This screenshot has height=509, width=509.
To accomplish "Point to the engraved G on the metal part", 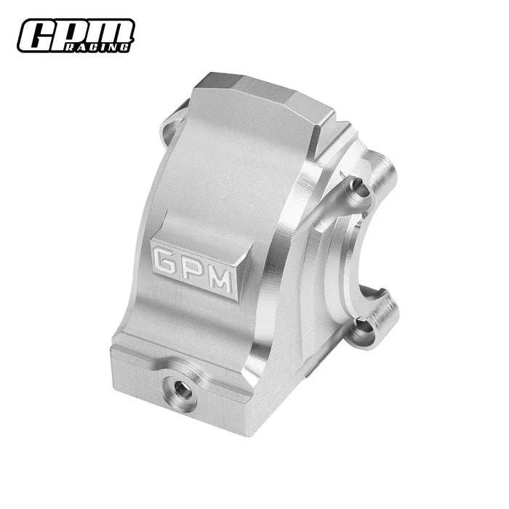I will point(165,258).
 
